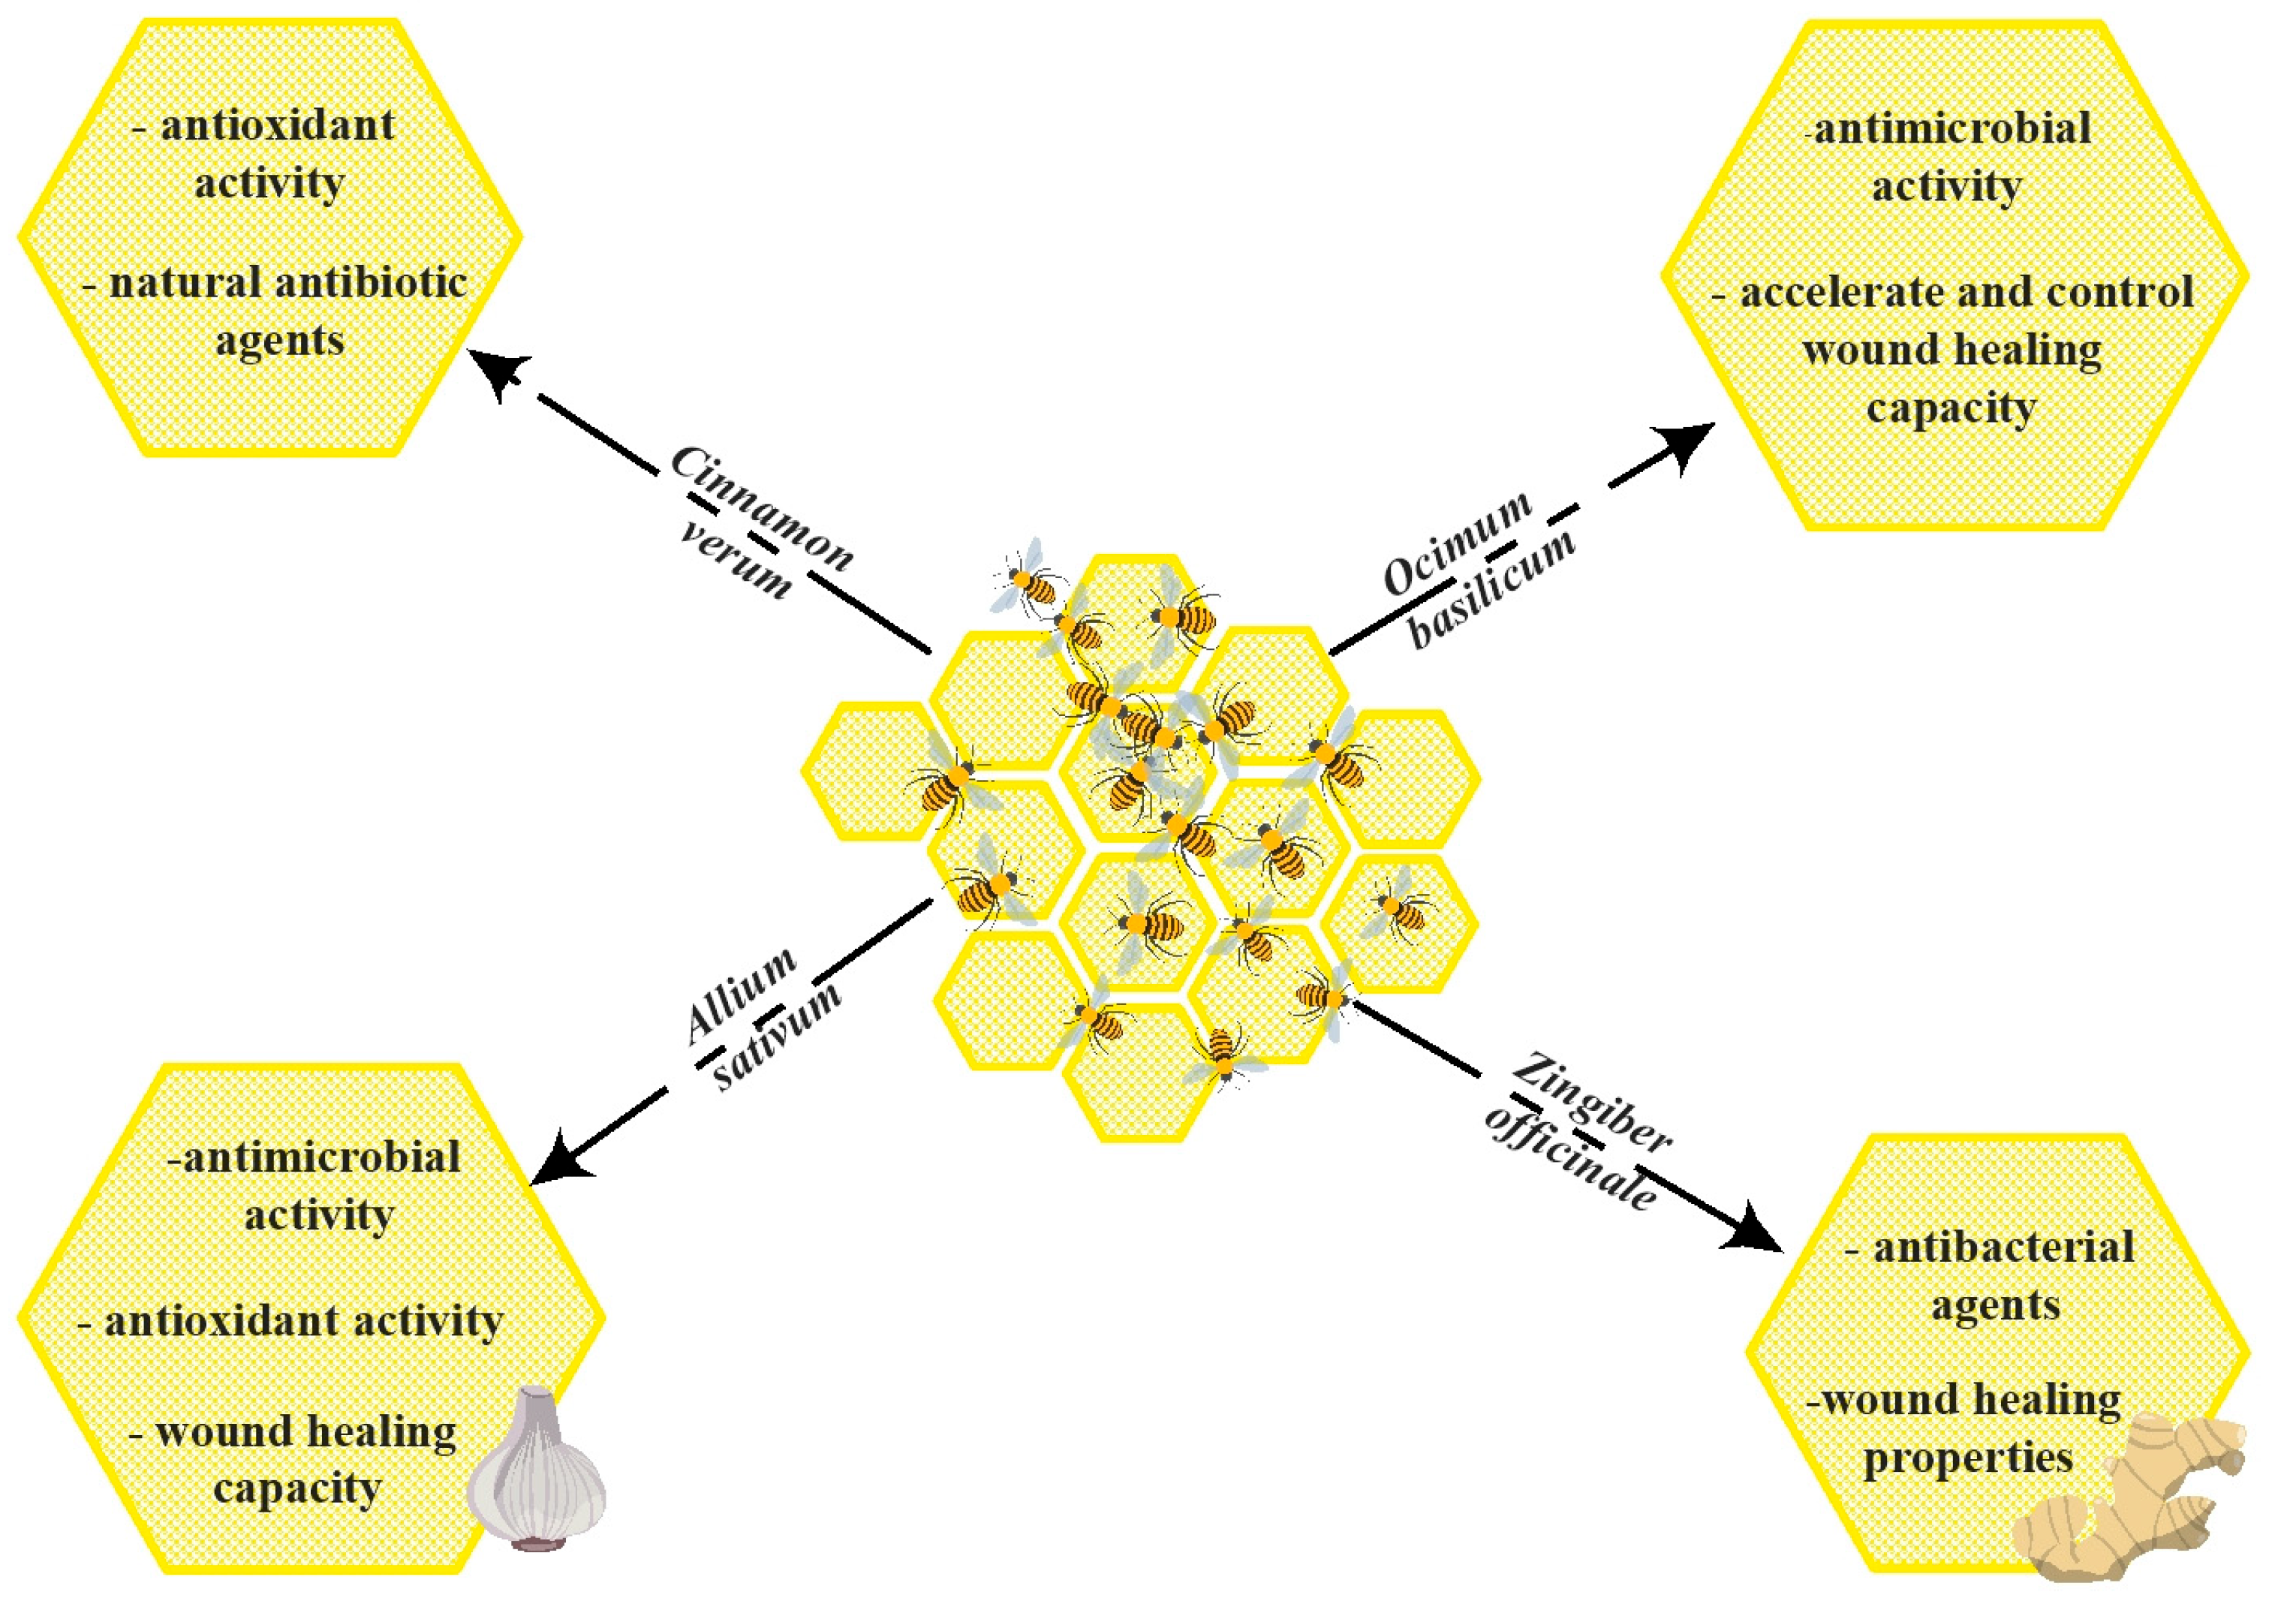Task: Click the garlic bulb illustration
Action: click(537, 1470)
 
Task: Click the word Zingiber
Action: click(1591, 1105)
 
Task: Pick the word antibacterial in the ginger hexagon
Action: click(2004, 1247)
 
